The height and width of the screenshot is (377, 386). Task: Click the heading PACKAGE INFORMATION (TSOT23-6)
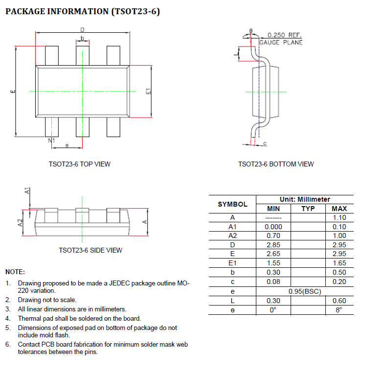pos(82,11)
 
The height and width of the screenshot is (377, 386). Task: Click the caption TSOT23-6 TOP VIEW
pos(79,164)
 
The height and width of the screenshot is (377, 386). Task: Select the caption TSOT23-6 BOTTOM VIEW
pos(276,164)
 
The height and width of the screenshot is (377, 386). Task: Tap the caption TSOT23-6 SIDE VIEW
pos(91,250)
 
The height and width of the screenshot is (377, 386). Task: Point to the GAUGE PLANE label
pos(281,43)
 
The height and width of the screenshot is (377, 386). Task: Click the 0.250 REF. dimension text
pos(284,35)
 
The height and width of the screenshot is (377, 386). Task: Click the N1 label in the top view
pos(51,141)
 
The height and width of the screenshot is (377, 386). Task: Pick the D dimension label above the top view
pos(82,30)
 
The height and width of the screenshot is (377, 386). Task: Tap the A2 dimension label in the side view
pos(21,222)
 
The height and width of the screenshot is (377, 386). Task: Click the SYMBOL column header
pos(232,204)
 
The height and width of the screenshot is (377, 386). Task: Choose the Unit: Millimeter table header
pos(304,199)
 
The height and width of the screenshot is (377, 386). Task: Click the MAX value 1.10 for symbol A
pos(339,217)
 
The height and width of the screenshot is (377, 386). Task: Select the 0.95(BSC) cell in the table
pos(304,291)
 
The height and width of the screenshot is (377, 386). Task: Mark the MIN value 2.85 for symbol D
pos(273,245)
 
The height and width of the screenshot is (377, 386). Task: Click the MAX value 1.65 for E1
pos(339,263)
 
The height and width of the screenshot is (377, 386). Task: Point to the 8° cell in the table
pos(339,310)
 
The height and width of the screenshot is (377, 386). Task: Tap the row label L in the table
pos(232,301)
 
